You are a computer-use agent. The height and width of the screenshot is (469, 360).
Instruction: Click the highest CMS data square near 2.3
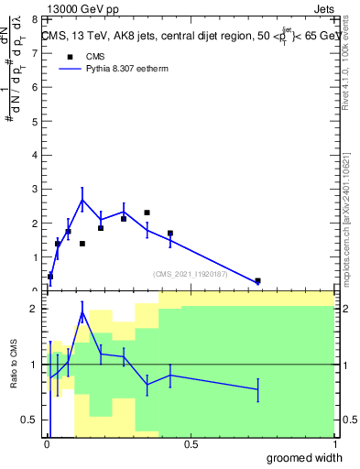pos(147,213)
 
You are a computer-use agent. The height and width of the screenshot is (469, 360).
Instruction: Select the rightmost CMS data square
pos(257,281)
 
